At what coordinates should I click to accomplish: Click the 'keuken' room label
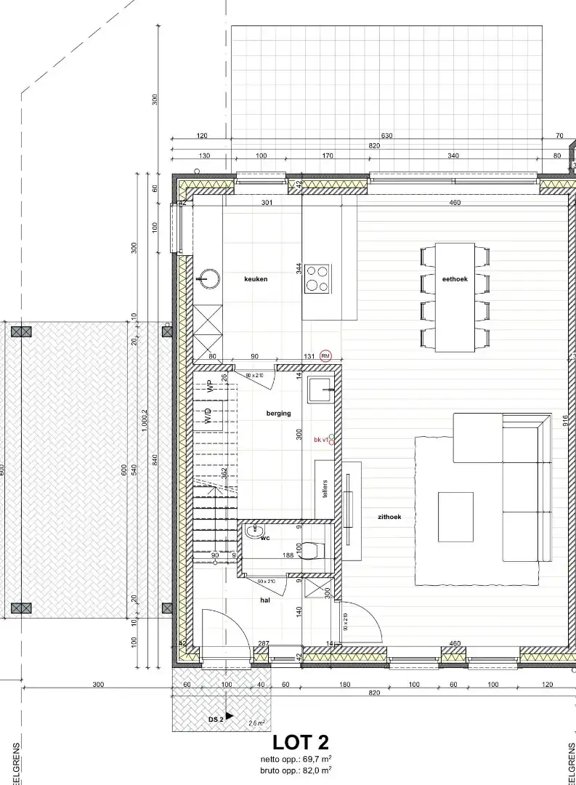256,278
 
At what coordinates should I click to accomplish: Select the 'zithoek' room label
389,517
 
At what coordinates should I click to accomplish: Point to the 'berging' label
278,413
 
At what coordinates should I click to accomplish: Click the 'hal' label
265,600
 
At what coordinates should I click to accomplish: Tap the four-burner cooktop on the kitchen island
317,278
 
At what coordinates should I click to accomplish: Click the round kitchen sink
208,278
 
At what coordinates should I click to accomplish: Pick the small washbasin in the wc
254,532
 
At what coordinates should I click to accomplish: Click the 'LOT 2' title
300,742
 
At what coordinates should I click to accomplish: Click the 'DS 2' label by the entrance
216,720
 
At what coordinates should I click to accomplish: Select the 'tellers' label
325,488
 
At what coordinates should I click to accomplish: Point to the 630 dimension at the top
386,136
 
